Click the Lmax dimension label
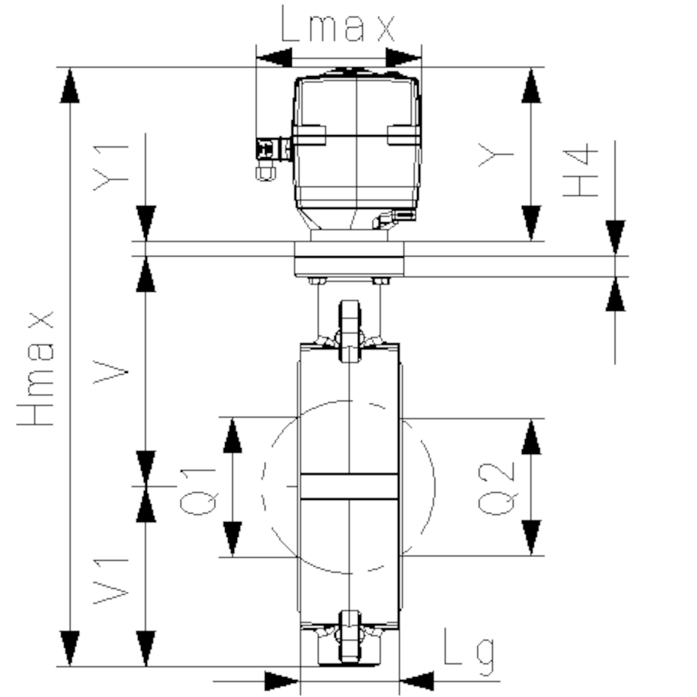coord(337,24)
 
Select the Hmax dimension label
coord(36,368)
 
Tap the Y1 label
coord(111,168)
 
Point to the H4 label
coord(580,169)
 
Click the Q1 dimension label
coord(198,491)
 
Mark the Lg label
coord(469,652)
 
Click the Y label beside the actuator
coord(495,155)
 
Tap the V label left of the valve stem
coord(111,372)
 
